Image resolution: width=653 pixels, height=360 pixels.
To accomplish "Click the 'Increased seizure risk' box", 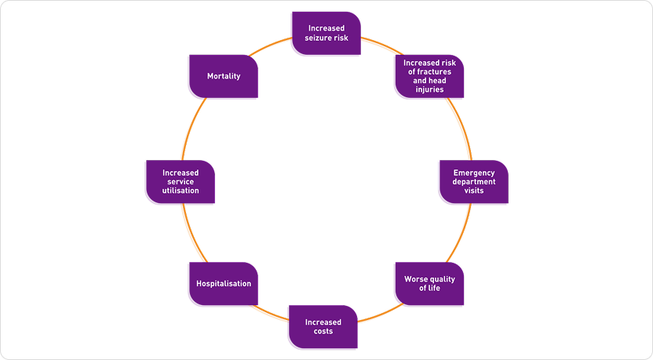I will click(326, 33).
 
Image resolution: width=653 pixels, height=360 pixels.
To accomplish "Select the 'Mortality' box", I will click(224, 76).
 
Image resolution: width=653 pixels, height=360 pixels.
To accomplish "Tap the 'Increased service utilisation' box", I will click(181, 181).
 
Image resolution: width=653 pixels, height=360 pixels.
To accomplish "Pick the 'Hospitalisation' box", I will click(224, 283).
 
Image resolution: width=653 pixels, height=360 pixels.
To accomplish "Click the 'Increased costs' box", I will click(323, 326).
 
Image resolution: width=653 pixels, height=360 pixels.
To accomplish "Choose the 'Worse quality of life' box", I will click(429, 283).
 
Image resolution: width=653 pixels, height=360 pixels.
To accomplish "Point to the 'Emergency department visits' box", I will click(473, 181).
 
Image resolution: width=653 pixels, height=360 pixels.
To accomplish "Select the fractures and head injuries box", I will click(429, 76).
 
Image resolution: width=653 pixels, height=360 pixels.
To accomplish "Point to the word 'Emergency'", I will click(474, 173).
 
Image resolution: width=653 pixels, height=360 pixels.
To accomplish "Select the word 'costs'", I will click(323, 331).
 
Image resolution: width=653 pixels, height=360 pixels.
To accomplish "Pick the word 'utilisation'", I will click(181, 191).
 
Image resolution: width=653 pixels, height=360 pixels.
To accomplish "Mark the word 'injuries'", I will click(429, 89).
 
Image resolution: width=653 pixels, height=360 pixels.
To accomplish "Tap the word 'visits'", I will click(474, 191).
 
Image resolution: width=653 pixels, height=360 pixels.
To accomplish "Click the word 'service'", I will click(181, 182).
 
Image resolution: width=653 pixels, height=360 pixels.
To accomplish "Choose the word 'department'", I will click(474, 182).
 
